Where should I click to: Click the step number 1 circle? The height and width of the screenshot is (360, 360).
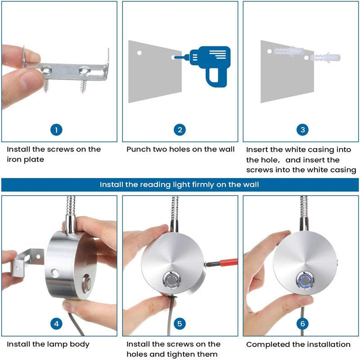[x=56, y=130]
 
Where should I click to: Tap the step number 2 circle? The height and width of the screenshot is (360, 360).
[x=180, y=130]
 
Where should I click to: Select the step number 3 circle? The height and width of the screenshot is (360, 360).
[x=302, y=130]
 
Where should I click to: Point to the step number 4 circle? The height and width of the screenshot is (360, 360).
[x=56, y=324]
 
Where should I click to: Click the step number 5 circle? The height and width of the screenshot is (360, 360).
[x=180, y=324]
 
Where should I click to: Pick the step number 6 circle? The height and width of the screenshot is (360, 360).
[x=302, y=324]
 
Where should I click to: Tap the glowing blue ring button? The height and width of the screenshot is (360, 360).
[x=305, y=280]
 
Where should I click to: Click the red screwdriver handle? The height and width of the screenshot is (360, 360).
[x=229, y=262]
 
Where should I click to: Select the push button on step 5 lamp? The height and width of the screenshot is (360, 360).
[x=172, y=280]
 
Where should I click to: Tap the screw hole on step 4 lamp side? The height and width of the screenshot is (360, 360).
[x=55, y=273]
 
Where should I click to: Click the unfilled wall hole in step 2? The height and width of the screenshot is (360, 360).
[x=139, y=53]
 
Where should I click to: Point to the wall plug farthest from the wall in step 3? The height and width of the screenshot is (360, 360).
[x=325, y=58]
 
